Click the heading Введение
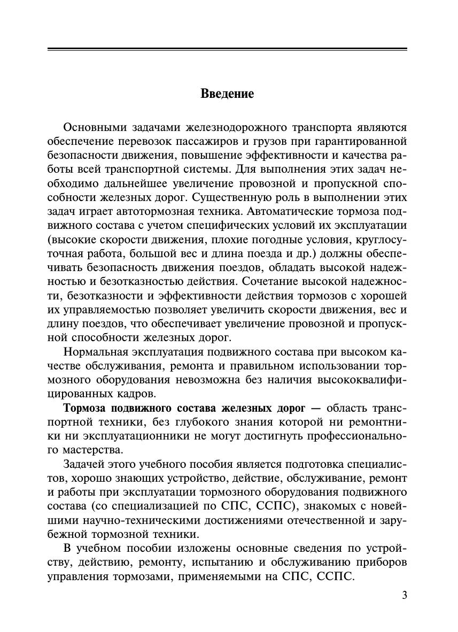[227, 94]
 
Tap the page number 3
[404, 595]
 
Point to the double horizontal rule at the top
[227, 50]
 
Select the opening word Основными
[95, 128]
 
